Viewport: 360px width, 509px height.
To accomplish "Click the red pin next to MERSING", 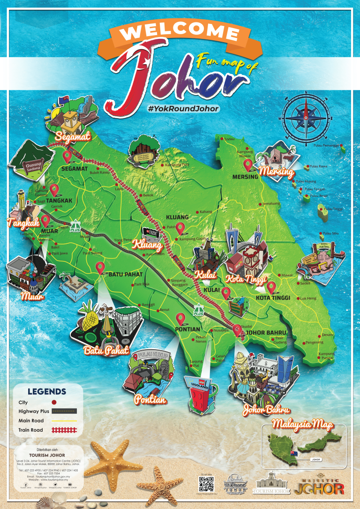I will click(x=248, y=164).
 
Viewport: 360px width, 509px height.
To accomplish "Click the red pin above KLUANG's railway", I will click(x=180, y=228).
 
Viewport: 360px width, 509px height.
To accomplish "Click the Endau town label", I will click(x=229, y=139).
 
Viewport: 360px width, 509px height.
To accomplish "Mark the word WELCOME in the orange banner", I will click(x=180, y=32).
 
